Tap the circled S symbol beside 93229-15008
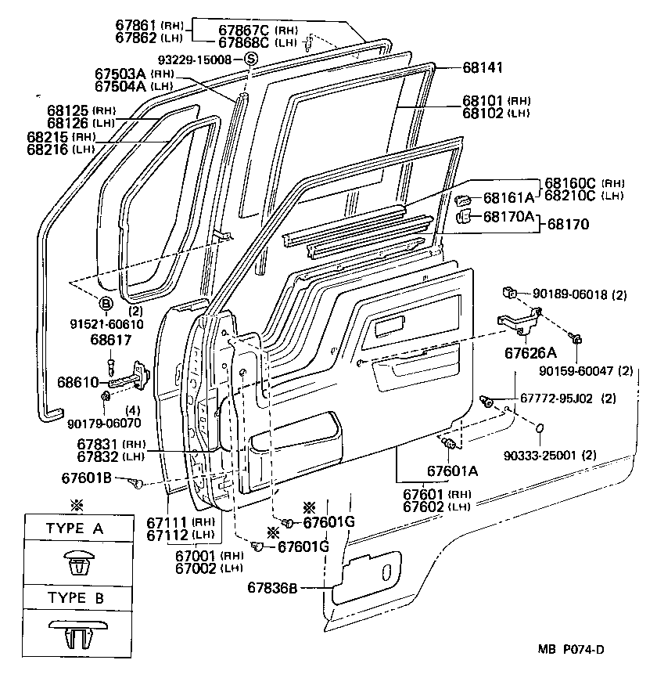[x=250, y=59]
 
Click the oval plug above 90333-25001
[x=538, y=428]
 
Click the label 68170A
[x=508, y=217]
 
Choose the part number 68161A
[x=508, y=198]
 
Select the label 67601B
[x=87, y=478]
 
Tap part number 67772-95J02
[x=556, y=399]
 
